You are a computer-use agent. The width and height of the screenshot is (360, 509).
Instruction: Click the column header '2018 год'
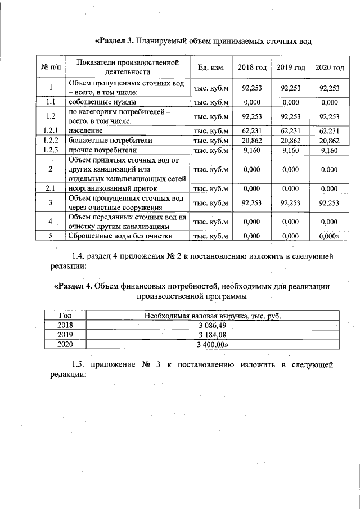click(x=252, y=67)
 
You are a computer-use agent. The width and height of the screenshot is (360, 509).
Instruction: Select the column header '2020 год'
click(x=329, y=67)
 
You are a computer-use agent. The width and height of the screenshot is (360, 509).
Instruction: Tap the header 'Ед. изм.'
click(x=211, y=67)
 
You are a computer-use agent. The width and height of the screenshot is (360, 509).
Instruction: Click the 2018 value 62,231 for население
click(x=252, y=130)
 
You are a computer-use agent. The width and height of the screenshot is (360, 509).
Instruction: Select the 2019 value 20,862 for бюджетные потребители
click(x=291, y=140)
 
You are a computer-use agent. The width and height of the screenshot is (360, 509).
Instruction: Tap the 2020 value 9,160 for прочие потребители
click(x=329, y=150)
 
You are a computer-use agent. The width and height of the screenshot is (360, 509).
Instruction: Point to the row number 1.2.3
click(x=51, y=150)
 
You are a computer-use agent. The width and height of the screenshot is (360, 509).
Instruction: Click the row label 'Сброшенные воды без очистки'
click(x=120, y=236)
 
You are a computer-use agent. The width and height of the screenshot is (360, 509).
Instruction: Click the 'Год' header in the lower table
click(x=65, y=316)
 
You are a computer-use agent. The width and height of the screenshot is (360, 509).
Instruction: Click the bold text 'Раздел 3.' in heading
click(x=115, y=41)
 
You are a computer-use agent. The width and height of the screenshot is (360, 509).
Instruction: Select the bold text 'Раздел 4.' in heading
click(x=73, y=286)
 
